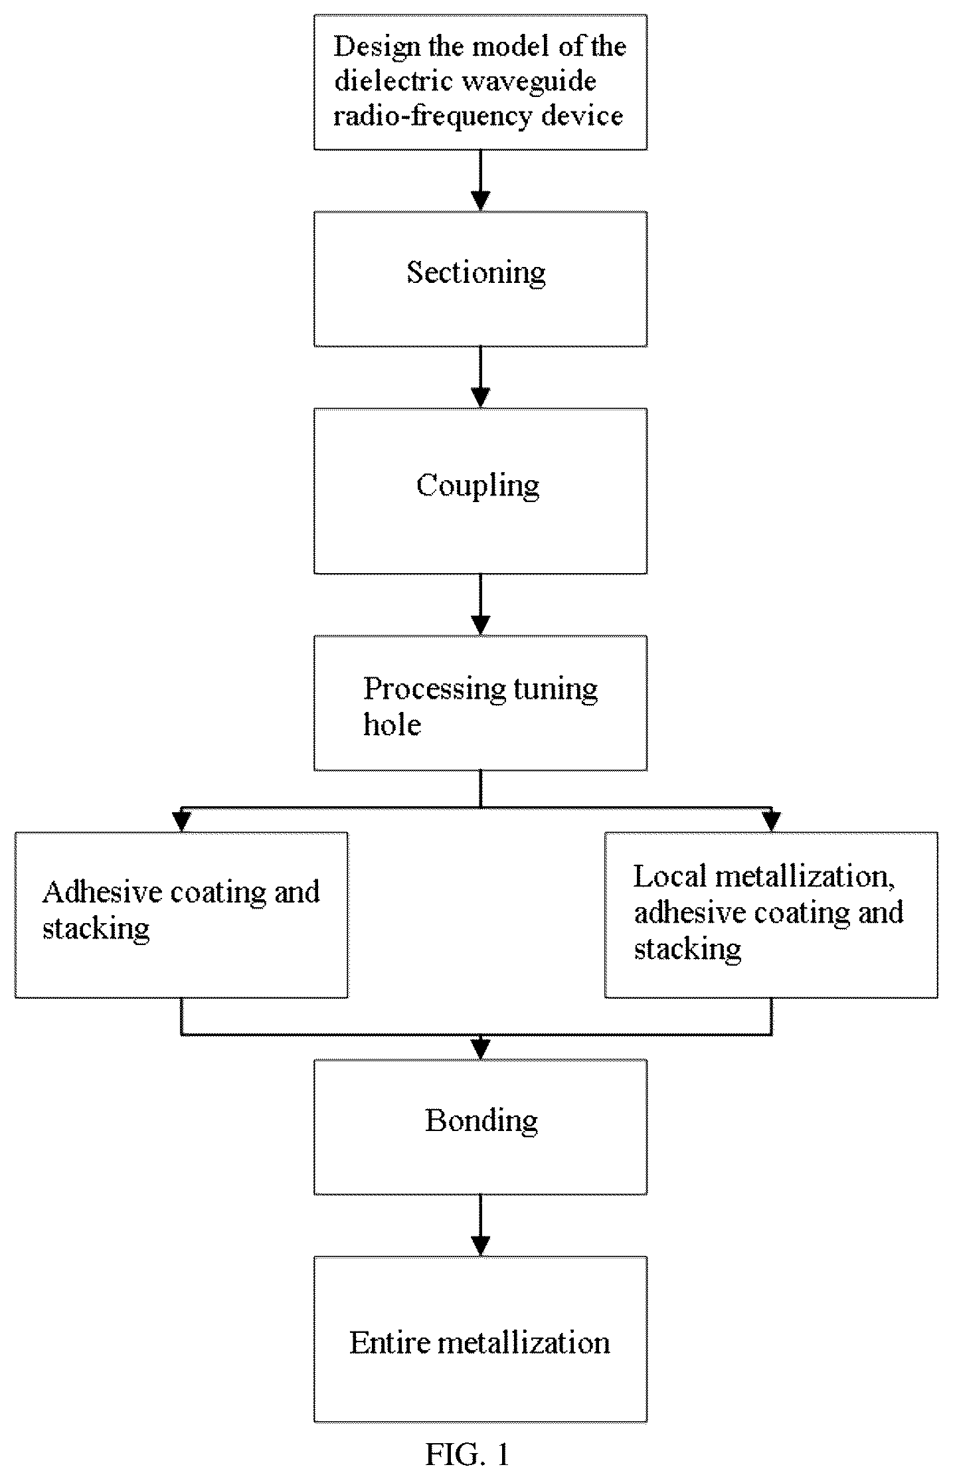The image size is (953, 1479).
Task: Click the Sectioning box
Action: [480, 279]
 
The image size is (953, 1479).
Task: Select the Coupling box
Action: [480, 491]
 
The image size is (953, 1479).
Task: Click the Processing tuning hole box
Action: [480, 703]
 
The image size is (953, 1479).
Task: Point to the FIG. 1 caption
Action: [467, 1454]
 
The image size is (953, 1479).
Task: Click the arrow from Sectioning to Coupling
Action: [480, 377]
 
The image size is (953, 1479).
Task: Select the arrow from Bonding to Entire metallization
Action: [480, 1225]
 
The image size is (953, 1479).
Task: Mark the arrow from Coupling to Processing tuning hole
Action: [480, 604]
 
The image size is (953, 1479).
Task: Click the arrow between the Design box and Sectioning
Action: [480, 181]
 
